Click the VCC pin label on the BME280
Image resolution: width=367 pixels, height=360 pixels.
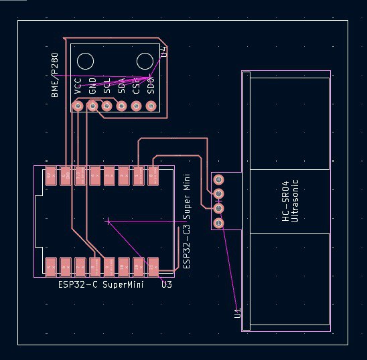pyautogui.click(x=78, y=85)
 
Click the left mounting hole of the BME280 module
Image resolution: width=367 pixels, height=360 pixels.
pyautogui.click(x=84, y=62)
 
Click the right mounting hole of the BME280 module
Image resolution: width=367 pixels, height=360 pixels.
pyautogui.click(x=145, y=62)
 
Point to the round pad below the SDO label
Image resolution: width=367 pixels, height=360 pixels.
pyautogui.click(x=151, y=106)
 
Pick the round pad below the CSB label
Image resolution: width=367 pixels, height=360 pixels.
pyautogui.click(x=137, y=106)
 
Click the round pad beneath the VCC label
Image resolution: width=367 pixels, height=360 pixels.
pyautogui.click(x=78, y=106)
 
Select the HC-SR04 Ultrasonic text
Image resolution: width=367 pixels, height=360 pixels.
pyautogui.click(x=289, y=201)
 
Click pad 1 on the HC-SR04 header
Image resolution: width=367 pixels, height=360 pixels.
pyautogui.click(x=218, y=179)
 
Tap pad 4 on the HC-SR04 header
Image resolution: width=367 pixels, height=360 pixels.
pyautogui.click(x=218, y=223)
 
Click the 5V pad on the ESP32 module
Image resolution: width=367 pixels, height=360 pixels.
pyautogui.click(x=50, y=176)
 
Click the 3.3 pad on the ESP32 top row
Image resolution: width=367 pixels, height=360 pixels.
pyautogui.click(x=80, y=176)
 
